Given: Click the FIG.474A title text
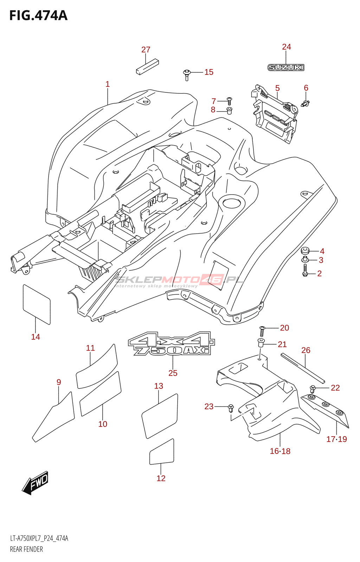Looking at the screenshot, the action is click(39, 15).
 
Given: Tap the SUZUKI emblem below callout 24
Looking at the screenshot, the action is click(286, 67).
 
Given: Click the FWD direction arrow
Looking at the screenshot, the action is click(35, 483).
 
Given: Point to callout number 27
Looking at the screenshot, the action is click(146, 50).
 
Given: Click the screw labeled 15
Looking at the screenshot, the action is click(187, 75).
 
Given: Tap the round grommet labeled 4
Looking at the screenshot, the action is click(305, 251).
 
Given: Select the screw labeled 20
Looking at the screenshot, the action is click(262, 331).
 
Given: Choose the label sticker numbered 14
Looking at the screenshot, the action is click(37, 304).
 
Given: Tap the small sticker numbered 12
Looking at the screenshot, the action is click(162, 452).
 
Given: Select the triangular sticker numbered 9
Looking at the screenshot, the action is click(53, 417).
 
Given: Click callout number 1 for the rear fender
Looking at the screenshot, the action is click(108, 84).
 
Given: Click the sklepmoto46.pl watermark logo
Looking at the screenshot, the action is click(179, 281).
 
